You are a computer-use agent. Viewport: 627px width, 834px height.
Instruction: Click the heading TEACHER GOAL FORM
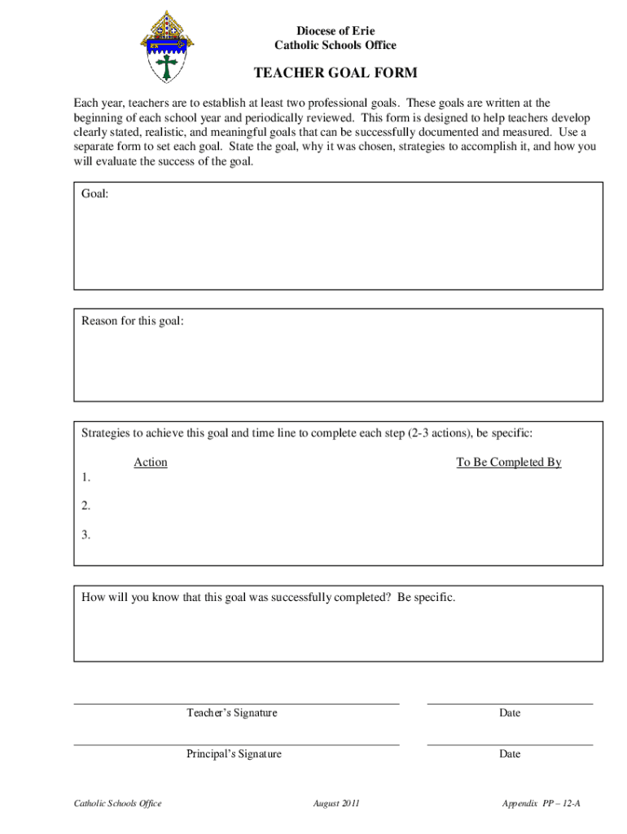pos(335,73)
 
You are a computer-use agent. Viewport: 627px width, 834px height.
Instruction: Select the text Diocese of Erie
pos(335,31)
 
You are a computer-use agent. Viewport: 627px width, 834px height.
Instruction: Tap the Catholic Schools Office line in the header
pos(335,46)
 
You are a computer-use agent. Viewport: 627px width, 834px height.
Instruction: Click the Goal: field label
pos(95,193)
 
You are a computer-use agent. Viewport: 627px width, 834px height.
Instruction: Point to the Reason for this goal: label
pos(133,321)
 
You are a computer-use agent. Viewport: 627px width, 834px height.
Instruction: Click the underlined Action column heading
pos(151,463)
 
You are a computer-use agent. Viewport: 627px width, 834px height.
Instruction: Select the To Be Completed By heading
pos(509,463)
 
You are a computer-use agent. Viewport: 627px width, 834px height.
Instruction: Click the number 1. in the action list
pos(86,477)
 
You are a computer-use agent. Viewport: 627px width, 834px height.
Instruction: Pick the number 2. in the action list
pos(86,506)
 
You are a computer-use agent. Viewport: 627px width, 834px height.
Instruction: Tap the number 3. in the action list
pos(86,535)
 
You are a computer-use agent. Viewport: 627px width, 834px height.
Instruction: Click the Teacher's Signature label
pos(232,713)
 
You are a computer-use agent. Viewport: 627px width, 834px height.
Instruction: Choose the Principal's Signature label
pos(234,754)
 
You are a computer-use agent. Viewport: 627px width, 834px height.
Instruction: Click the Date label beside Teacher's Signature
pos(510,713)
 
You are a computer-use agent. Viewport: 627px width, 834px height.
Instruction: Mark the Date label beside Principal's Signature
pos(510,754)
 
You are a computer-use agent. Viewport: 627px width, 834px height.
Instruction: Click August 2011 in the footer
pos(336,804)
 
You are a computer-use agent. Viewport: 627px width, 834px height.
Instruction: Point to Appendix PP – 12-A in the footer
pos(541,804)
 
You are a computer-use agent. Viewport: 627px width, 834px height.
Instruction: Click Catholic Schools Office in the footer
pos(118,804)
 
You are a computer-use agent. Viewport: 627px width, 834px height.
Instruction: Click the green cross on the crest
pos(169,64)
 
